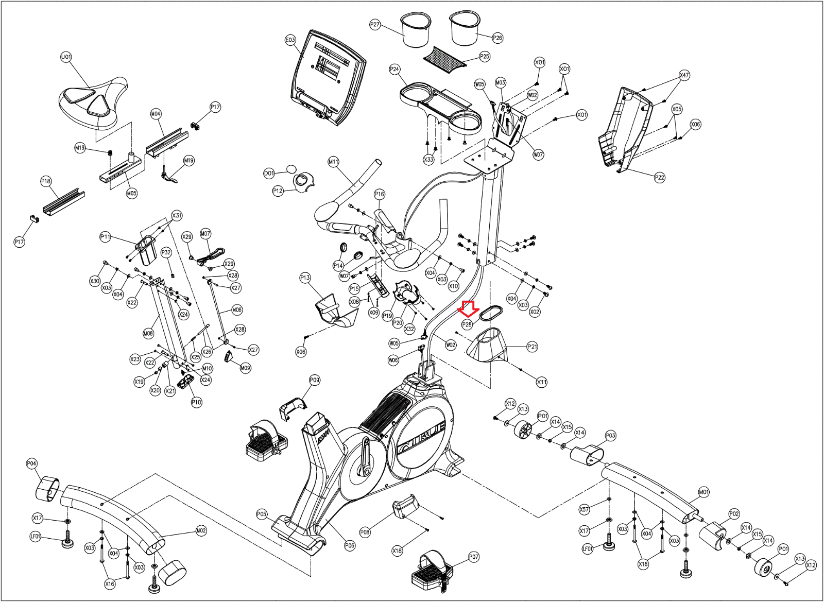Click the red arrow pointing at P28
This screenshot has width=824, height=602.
pos(468,308)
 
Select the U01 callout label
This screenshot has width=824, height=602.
pos(66,57)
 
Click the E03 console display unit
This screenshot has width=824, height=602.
pos(329,78)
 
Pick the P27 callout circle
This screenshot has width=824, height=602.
pos(375,25)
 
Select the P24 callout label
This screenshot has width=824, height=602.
pos(394,69)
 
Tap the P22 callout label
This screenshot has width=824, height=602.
pos(660,177)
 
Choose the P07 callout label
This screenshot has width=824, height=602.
pos(474,557)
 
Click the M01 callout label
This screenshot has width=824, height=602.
pos(703,492)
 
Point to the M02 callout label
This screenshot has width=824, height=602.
pos(201,530)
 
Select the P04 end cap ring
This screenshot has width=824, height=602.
pos(48,488)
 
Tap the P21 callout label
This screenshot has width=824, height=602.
pos(533,347)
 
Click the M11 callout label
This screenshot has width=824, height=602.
pos(334,161)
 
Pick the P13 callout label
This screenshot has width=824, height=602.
pos(305,278)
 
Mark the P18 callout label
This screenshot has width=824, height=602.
pos(46,181)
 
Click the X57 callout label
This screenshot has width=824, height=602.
pos(584,509)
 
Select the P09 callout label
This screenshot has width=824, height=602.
pos(315,380)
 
